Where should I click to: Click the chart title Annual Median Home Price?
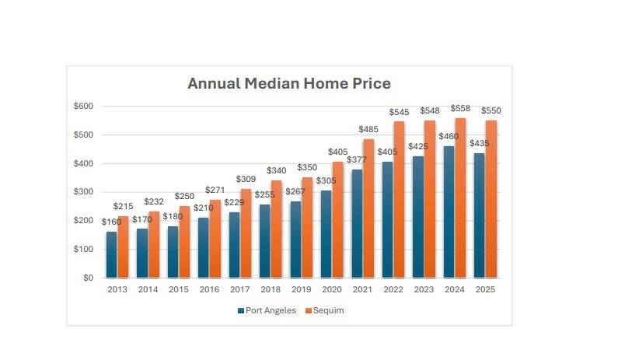tap(288, 83)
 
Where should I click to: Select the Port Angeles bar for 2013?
tap(112, 254)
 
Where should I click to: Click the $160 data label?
tap(111, 222)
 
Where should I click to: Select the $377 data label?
tap(356, 160)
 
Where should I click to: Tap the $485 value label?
tap(369, 129)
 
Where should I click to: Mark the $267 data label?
tap(295, 192)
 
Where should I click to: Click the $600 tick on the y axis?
tap(82, 106)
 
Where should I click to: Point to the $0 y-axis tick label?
tap(87, 278)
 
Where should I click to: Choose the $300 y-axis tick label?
tap(82, 192)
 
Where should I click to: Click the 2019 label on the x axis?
tap(302, 289)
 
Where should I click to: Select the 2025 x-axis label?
tap(486, 289)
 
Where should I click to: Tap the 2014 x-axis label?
tap(148, 289)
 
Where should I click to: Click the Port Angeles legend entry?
tap(267, 310)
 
